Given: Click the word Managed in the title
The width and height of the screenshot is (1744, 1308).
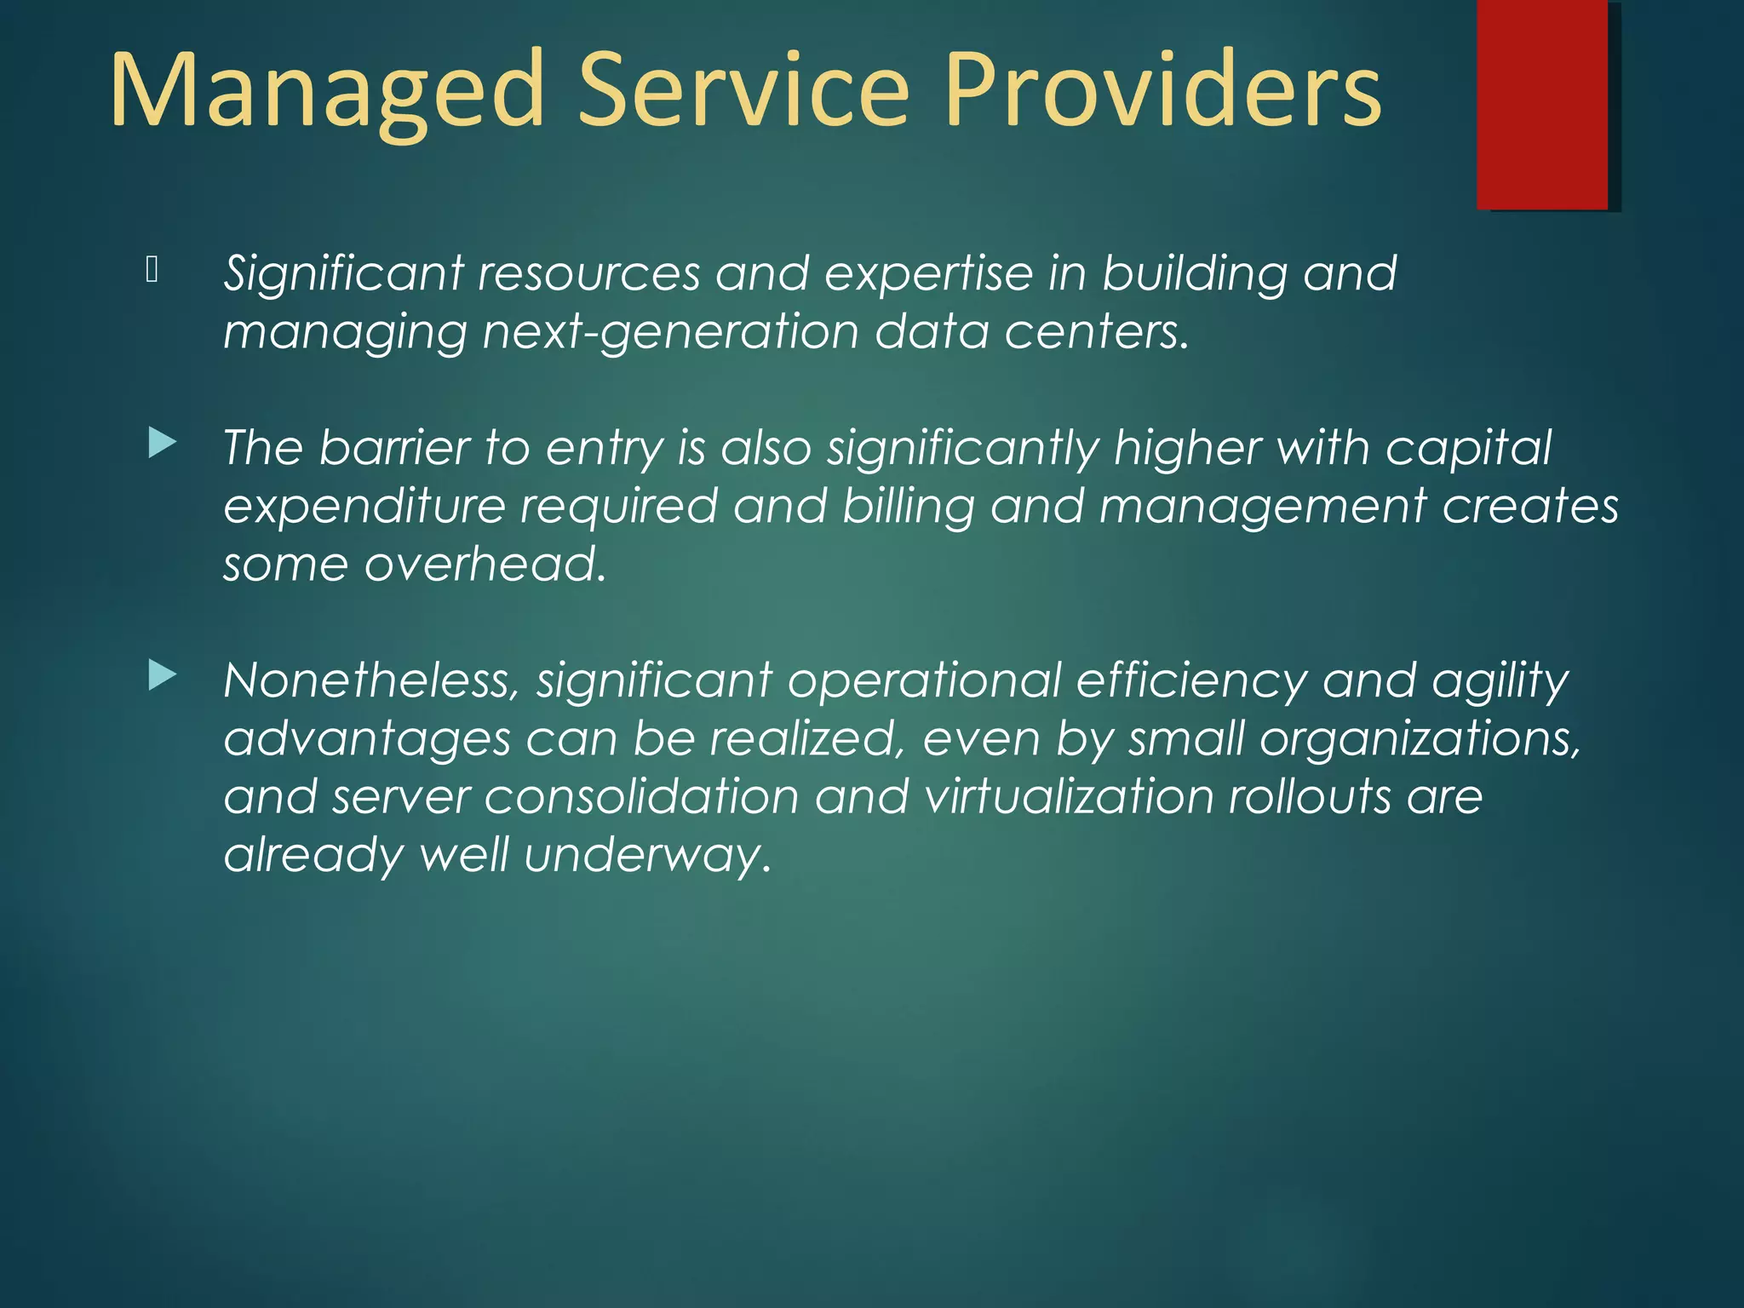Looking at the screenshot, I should (327, 92).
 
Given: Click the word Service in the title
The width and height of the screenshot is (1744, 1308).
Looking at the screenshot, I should (743, 92).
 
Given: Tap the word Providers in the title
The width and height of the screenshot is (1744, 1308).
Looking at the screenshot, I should (1162, 92).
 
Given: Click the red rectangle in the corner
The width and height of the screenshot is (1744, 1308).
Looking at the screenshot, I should (1542, 104).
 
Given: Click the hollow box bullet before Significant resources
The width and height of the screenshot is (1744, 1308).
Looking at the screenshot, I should (152, 270).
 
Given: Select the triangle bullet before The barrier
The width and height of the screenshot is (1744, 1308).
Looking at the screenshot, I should (162, 444).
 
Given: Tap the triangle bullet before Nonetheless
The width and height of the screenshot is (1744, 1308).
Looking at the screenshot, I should (162, 676).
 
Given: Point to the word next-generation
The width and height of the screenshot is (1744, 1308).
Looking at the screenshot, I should (670, 332).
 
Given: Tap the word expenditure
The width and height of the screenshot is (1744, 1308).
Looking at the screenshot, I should (364, 506).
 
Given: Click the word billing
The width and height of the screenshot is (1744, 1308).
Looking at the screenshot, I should (908, 506).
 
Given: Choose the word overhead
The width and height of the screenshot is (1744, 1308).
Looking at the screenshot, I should (485, 564).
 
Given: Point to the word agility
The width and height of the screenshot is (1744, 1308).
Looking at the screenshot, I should (1500, 681).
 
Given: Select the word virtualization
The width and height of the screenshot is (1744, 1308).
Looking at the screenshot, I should (1069, 797).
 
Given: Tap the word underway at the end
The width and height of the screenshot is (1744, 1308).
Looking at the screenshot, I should (647, 855).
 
